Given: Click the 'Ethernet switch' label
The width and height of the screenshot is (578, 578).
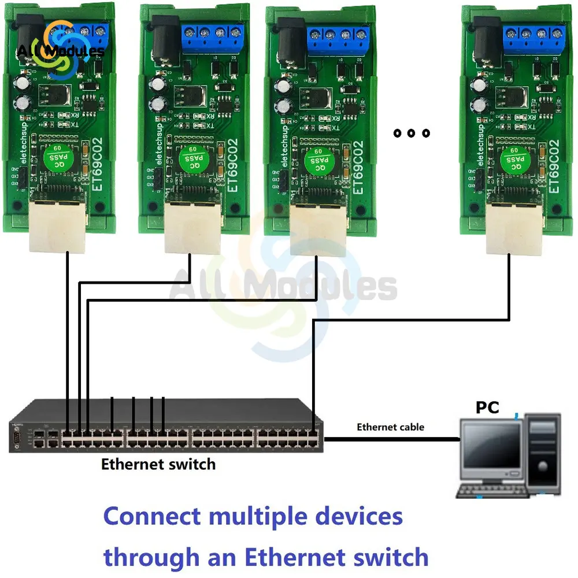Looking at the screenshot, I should [158, 464].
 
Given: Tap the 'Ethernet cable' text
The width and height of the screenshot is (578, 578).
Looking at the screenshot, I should [390, 427].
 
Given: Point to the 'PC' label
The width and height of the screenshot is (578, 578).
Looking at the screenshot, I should [487, 407].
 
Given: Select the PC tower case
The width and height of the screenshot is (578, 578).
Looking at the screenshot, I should [542, 451].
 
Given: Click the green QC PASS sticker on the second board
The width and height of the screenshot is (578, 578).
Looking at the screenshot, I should [191, 157].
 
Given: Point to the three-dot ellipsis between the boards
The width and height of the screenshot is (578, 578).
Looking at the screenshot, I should [412, 134].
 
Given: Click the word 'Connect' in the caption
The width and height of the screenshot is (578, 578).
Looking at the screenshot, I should [151, 516].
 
